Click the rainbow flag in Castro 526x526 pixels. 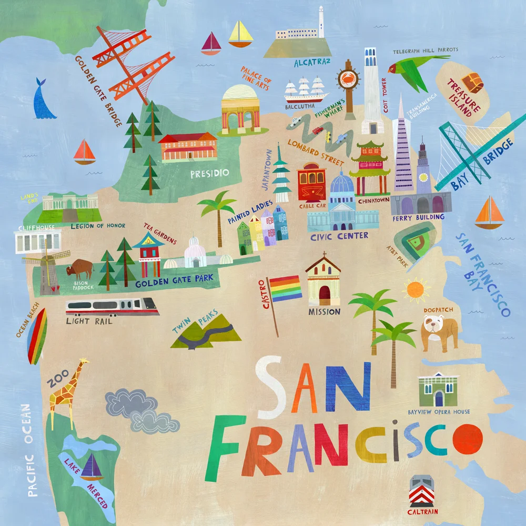point(286,288)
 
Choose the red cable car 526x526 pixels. point(311,182)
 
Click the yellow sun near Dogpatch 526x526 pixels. point(414,289)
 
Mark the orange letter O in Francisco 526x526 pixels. point(468,439)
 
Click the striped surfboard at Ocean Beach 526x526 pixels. point(37,337)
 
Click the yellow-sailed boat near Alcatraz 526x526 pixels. point(241,34)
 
